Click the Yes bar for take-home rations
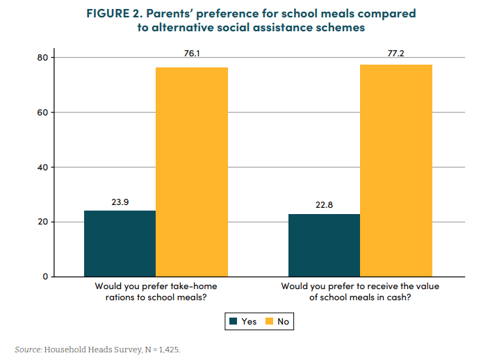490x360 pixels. (x=120, y=243)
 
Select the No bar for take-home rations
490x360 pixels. (x=192, y=172)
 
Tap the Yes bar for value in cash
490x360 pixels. (x=324, y=245)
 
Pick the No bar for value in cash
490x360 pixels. (x=396, y=170)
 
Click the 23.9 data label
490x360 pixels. (x=120, y=202)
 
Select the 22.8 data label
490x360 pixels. (x=324, y=205)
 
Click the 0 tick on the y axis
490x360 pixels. (x=44, y=277)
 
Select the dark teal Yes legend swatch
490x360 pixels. (x=232, y=321)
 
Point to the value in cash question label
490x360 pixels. (x=361, y=291)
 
